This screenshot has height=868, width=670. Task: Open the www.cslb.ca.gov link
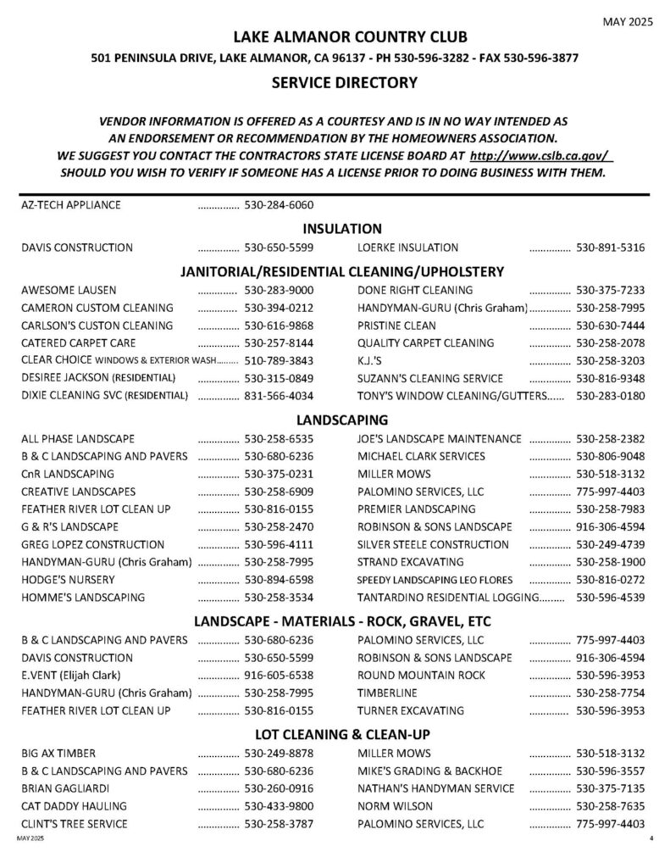[x=540, y=157]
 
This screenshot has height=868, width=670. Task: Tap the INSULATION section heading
[x=342, y=228]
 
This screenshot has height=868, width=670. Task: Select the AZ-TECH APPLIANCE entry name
[x=71, y=205]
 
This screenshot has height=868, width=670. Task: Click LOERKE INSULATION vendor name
[x=408, y=248]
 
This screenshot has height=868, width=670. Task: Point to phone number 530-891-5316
[x=610, y=248]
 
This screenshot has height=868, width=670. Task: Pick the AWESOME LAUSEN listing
[x=69, y=290]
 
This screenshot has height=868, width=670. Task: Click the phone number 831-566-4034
[x=279, y=396]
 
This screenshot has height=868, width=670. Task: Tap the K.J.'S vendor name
[x=371, y=360]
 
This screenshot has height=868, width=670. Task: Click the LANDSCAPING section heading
[x=342, y=419]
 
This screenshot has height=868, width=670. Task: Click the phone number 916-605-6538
[x=279, y=675]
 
